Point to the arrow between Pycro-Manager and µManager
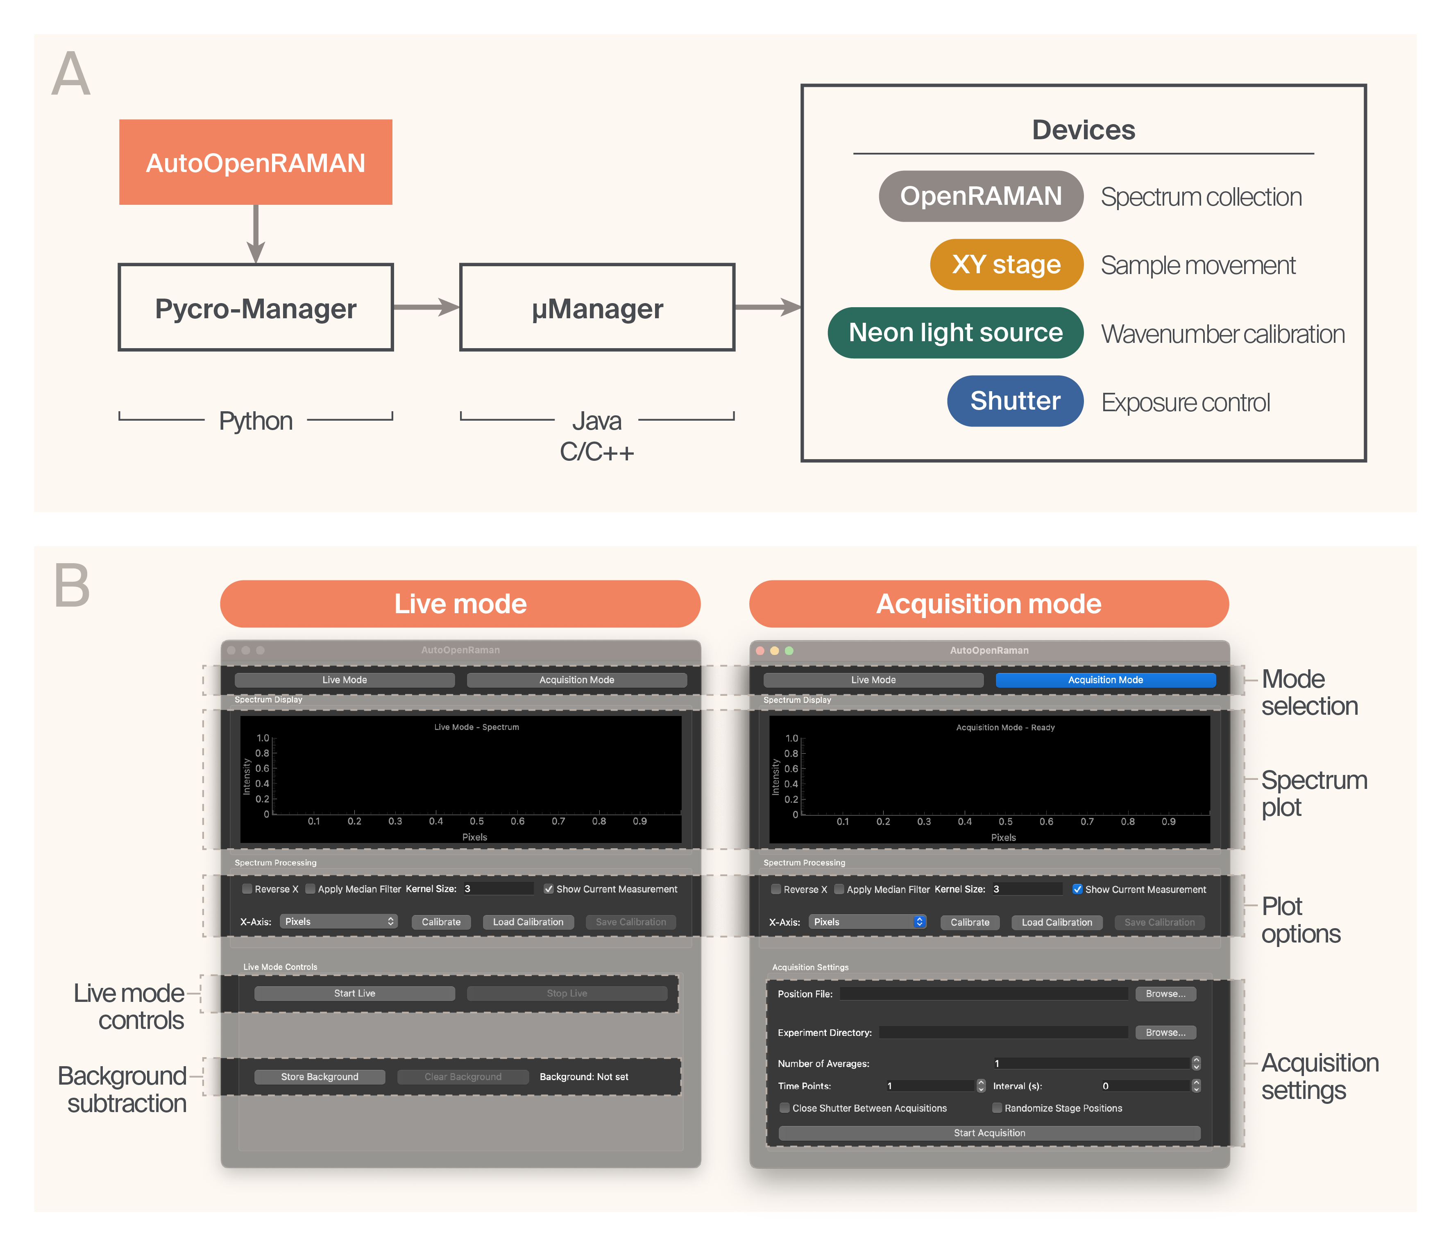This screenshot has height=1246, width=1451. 426,307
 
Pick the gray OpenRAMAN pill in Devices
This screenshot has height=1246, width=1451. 980,196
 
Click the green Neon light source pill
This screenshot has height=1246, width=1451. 955,333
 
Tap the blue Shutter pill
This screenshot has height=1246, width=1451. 1015,401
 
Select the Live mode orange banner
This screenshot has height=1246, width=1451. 460,603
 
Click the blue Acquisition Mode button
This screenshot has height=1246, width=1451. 1105,680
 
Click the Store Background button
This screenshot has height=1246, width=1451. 320,1076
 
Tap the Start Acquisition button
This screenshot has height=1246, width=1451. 989,1133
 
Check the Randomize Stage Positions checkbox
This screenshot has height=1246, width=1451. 997,1108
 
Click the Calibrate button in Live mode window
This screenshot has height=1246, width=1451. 441,922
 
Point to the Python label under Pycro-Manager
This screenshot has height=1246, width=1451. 256,421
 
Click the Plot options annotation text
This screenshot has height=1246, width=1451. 1300,920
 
